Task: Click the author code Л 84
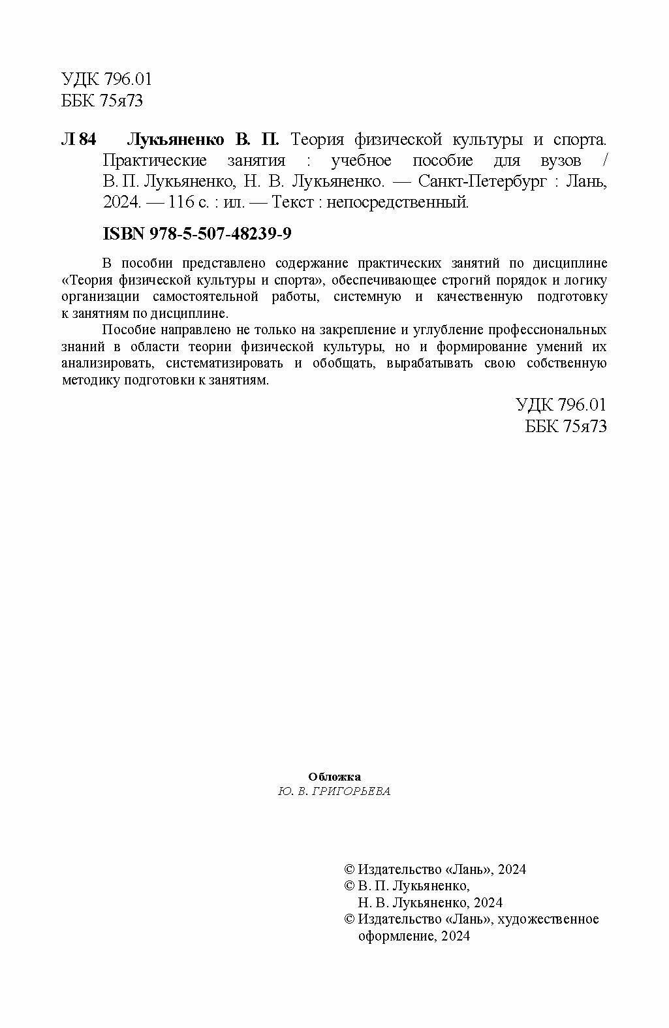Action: (78, 140)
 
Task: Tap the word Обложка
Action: (334, 777)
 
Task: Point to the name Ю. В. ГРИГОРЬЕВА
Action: (334, 791)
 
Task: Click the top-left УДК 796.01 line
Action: (106, 80)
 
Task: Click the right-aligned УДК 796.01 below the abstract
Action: (561, 405)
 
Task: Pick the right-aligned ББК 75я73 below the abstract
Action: (566, 426)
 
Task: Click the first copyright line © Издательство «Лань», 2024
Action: (435, 869)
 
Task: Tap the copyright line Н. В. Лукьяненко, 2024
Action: (431, 903)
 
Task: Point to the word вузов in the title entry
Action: (560, 161)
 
